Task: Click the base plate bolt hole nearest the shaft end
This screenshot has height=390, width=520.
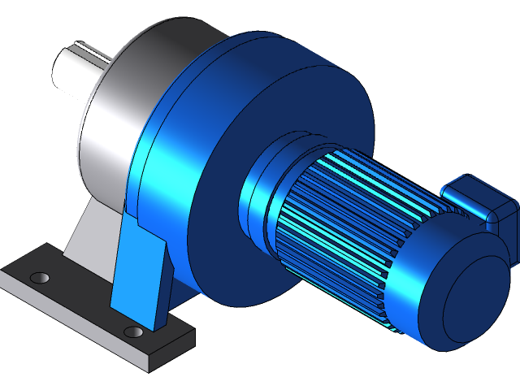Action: pyautogui.click(x=39, y=278)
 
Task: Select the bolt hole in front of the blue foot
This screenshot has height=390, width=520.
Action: pyautogui.click(x=133, y=331)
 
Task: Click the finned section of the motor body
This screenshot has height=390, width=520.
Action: pyautogui.click(x=349, y=227)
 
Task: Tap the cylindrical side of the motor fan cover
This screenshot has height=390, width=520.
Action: pyautogui.click(x=406, y=301)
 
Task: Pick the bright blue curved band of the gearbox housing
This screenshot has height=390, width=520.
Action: pyautogui.click(x=162, y=162)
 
